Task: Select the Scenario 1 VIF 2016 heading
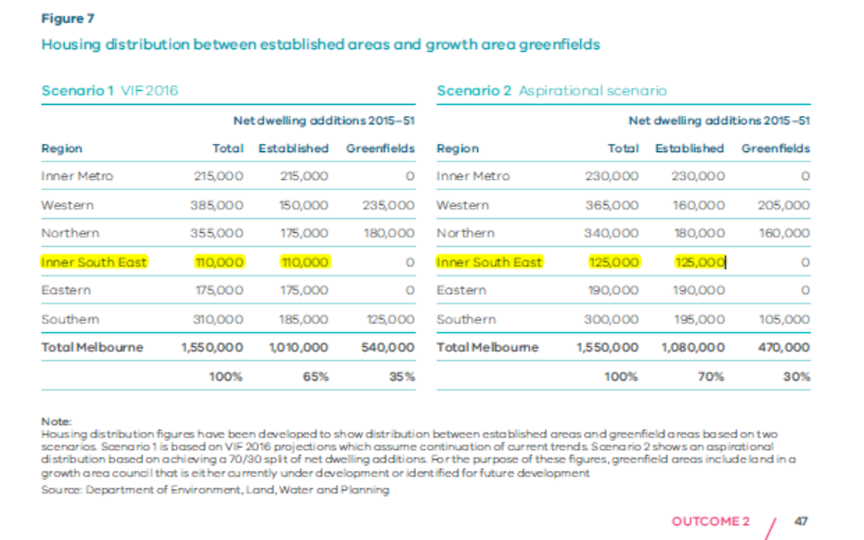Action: (x=110, y=91)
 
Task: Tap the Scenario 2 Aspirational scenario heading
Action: (x=551, y=91)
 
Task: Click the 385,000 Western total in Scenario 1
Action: (x=218, y=205)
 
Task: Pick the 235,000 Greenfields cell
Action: (x=388, y=205)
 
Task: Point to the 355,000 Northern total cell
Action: (x=218, y=233)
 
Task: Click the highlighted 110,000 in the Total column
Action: (x=218, y=263)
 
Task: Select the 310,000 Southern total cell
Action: (x=218, y=319)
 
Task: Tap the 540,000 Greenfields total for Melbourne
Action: (x=388, y=347)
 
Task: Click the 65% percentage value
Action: (x=316, y=377)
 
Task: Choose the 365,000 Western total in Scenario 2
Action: (x=613, y=205)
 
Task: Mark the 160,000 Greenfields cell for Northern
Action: (x=784, y=233)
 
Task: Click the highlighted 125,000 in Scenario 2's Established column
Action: (x=699, y=263)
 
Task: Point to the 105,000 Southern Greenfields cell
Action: (x=784, y=319)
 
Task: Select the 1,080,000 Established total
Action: (x=692, y=347)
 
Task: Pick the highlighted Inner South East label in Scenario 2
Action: (x=489, y=263)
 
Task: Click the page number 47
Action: (x=802, y=521)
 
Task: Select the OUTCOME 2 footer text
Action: (x=710, y=521)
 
